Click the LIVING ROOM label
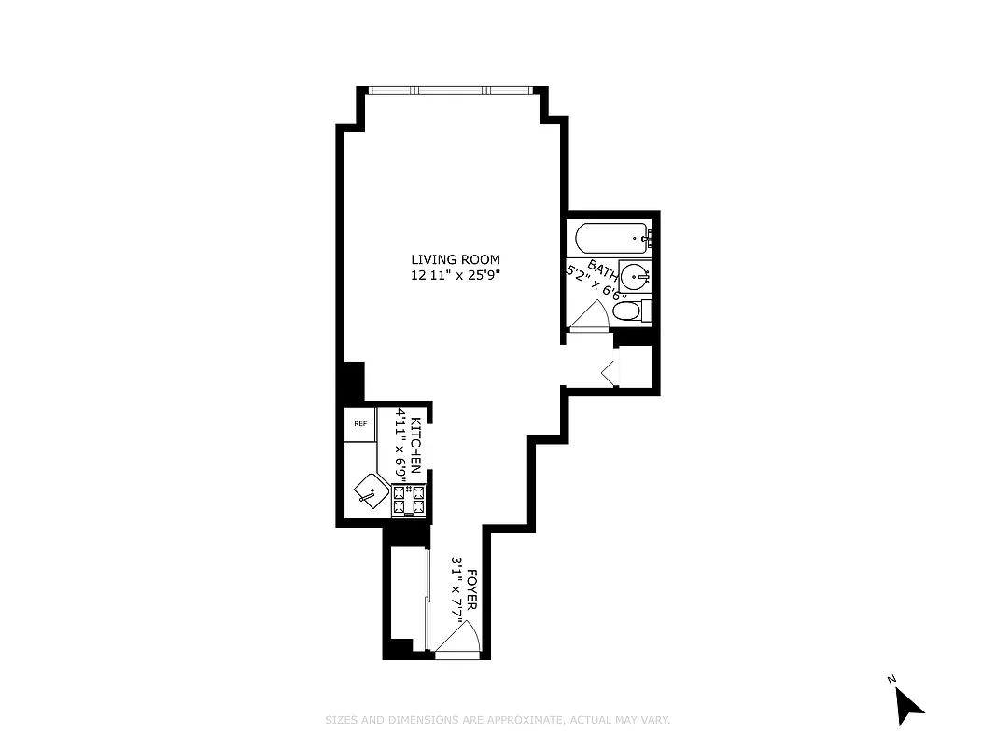456,259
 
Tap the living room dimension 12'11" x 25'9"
456,275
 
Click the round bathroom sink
637,277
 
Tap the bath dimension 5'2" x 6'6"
596,283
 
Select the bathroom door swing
589,318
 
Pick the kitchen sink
371,490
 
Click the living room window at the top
450,90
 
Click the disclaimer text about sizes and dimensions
498,720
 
